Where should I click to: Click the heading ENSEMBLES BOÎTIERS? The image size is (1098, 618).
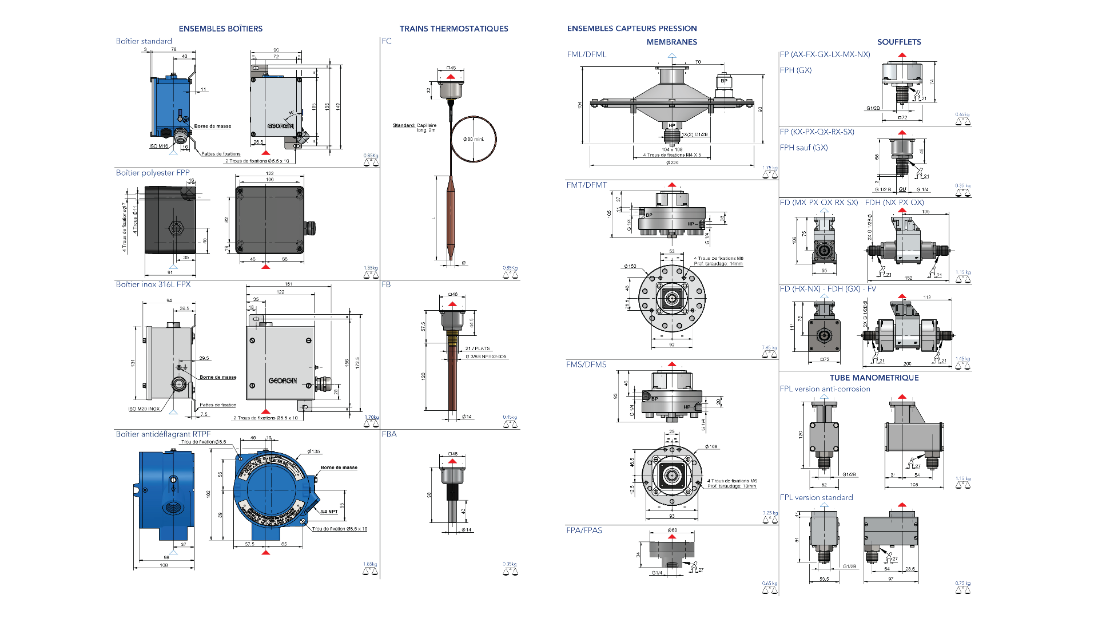click(x=220, y=29)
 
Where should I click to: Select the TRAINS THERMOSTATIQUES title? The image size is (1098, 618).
click(x=453, y=29)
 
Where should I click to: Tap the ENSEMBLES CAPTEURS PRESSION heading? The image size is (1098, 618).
click(x=632, y=28)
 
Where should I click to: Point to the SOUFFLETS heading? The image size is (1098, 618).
click(x=899, y=42)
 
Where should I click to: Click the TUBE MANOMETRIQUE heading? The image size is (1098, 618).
click(x=874, y=378)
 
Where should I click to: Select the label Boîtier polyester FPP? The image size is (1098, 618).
click(x=153, y=173)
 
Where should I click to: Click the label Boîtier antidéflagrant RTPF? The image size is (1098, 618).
click(x=163, y=434)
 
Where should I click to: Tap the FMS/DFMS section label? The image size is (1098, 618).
click(x=586, y=365)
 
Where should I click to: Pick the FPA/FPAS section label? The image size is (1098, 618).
click(x=584, y=530)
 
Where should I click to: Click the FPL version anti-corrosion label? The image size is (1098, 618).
click(x=825, y=389)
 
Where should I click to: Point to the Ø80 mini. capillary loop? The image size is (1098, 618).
click(x=474, y=139)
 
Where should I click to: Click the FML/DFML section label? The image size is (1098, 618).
click(x=587, y=55)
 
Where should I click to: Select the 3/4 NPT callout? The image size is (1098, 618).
click(x=329, y=512)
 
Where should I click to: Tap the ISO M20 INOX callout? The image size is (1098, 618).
click(x=144, y=409)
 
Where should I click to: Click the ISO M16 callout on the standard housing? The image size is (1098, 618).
click(x=158, y=146)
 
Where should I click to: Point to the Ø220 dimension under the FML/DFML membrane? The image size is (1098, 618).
click(x=672, y=163)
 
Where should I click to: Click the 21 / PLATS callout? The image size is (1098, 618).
click(x=478, y=348)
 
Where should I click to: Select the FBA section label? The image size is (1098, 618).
click(x=389, y=434)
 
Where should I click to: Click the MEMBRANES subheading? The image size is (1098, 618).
click(x=671, y=42)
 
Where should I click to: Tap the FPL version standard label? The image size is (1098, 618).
click(x=816, y=498)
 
